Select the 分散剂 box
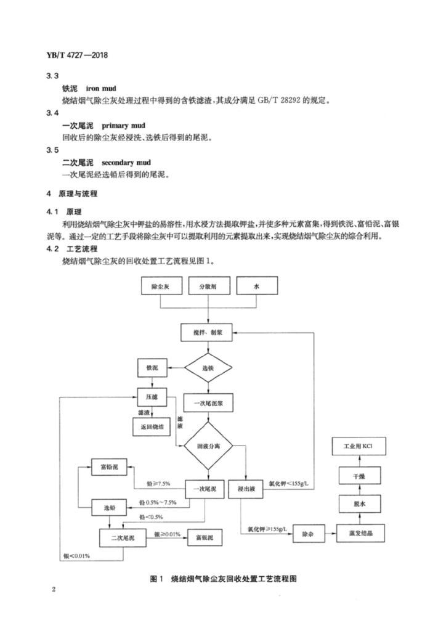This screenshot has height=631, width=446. [x=209, y=286]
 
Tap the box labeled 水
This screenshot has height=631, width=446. [x=257, y=286]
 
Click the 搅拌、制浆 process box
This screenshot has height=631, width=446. [x=208, y=332]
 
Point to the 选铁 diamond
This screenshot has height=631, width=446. [x=208, y=368]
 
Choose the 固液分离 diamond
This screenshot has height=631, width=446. [x=208, y=446]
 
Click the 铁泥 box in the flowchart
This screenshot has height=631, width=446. [x=152, y=368]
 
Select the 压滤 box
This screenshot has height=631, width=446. [x=152, y=397]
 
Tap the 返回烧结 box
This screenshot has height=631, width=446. [x=152, y=427]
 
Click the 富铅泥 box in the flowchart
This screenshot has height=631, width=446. [x=109, y=467]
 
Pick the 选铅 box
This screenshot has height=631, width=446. [x=110, y=508]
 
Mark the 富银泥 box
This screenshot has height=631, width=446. [x=205, y=537]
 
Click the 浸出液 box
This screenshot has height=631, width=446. [x=246, y=489]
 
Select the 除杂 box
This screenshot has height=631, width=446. [x=308, y=534]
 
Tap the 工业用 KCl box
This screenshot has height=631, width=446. [x=359, y=446]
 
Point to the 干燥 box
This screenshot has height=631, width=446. [x=359, y=476]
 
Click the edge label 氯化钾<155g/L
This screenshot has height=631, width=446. [x=288, y=483]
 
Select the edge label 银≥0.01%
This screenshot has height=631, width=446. [x=167, y=534]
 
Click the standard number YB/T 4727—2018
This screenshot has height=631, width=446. [x=77, y=55]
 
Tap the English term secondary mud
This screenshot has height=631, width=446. [x=126, y=163]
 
